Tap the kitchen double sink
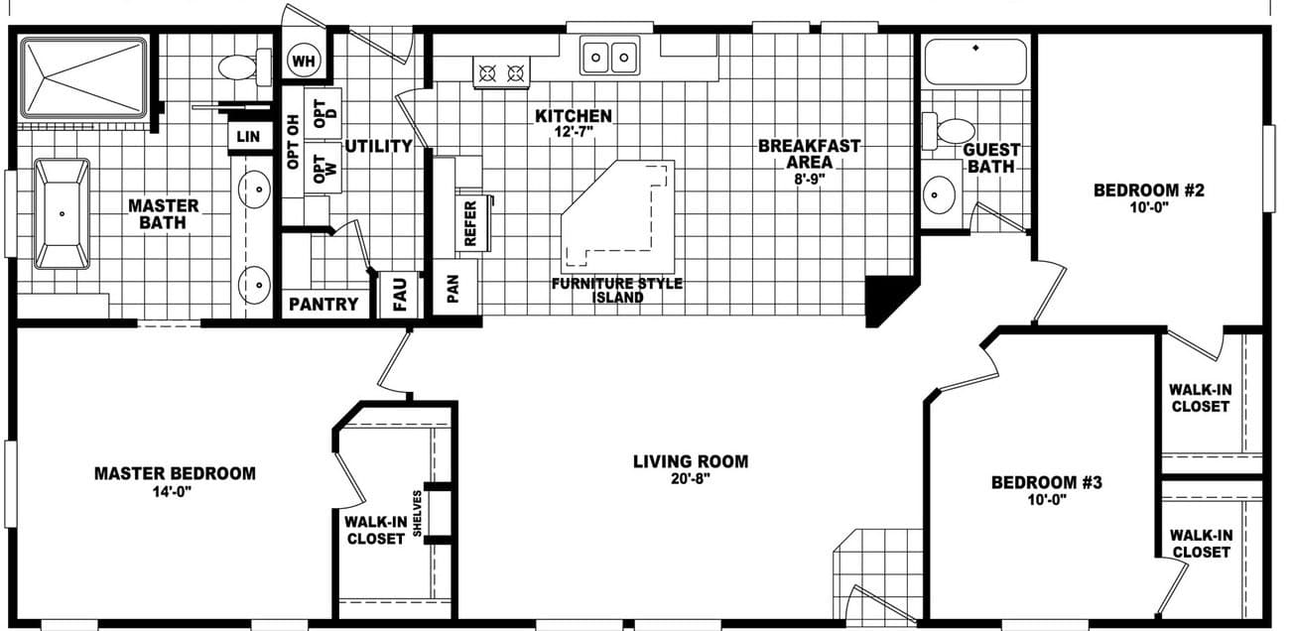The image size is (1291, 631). [609, 57]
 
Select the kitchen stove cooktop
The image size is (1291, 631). [501, 72]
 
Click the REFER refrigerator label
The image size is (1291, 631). [471, 223]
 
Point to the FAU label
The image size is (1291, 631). [400, 296]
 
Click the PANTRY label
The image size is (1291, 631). [323, 305]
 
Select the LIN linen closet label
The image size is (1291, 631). [248, 137]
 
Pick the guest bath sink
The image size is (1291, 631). [942, 194]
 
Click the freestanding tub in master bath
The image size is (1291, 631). [62, 213]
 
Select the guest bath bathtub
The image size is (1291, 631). [975, 62]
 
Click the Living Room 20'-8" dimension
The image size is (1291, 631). [691, 478]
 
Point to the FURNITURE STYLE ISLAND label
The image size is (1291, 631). [617, 290]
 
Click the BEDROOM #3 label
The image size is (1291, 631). [1047, 483]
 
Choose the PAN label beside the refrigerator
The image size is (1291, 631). [453, 288]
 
